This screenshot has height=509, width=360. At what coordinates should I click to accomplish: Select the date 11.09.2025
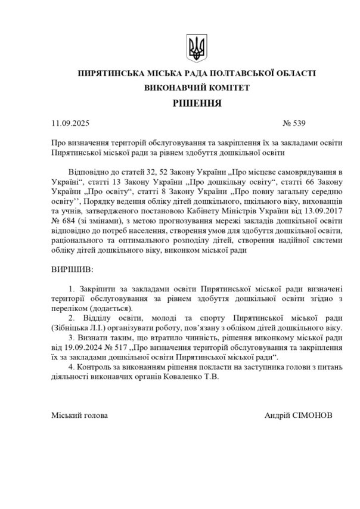70,124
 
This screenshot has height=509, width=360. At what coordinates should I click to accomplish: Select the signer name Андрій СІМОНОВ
299,415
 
